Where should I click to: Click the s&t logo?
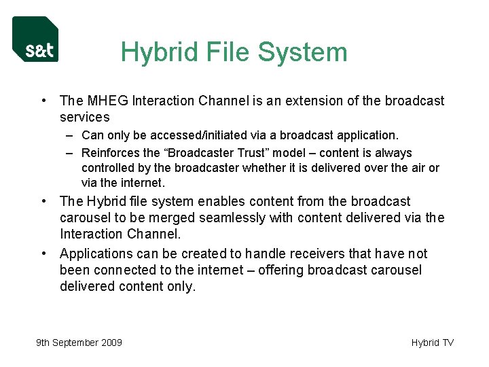[35, 39]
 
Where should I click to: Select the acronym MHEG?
[108, 101]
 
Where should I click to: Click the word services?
[84, 117]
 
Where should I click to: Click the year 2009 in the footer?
[110, 343]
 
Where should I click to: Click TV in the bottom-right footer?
[448, 343]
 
